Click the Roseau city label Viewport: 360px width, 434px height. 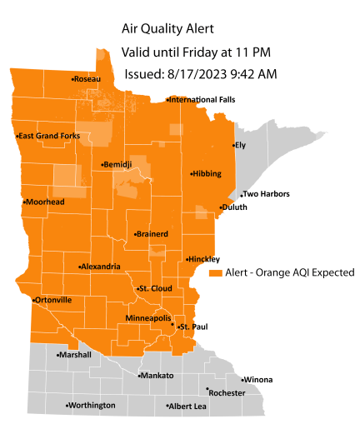pos(87,79)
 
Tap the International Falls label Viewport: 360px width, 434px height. pos(202,100)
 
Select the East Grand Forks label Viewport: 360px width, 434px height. pos(50,136)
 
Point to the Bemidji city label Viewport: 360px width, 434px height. pos(117,165)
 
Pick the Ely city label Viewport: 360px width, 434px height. pos(241,145)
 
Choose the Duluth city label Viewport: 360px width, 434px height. pos(235,207)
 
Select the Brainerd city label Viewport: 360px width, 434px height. pos(151,235)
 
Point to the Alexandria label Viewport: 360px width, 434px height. pos(100,267)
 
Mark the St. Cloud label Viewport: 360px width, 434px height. pos(154,288)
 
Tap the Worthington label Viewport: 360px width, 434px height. pos(92,406)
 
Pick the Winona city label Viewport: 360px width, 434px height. pos(257,380)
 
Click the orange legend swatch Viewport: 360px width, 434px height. pos(215,272)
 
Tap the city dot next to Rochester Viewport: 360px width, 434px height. pos(207,388)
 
